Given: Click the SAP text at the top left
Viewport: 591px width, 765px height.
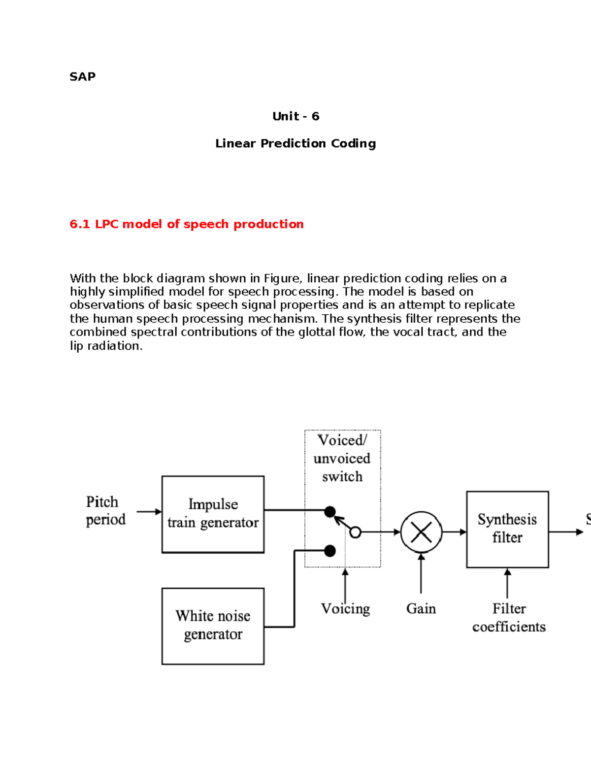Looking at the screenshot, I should coord(82,76).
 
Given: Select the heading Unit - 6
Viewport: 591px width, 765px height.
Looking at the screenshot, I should coord(295,116).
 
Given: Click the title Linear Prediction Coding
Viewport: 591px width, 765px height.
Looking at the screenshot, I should coord(295,143).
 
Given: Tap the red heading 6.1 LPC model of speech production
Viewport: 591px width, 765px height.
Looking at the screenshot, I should coord(187,224).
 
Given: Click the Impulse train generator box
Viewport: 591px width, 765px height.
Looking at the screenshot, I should coord(213,514).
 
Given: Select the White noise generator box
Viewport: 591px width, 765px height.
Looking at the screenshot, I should coord(213,626).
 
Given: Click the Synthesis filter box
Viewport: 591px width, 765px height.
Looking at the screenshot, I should coord(507,529).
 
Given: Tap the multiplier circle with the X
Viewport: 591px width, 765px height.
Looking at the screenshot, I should coord(421,532).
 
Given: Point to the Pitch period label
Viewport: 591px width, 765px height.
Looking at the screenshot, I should coord(105,510).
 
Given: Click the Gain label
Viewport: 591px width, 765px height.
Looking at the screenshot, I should coord(421,609).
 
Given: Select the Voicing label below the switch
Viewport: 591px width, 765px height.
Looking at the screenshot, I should coord(345,609).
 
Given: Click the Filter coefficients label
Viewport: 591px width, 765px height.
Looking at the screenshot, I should coord(509,618).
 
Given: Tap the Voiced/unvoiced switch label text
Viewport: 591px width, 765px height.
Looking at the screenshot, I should coord(342,458).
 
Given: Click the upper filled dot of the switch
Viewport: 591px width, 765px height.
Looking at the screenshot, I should coord(330,512).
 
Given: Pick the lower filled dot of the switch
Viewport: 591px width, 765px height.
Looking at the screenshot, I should coord(330,551).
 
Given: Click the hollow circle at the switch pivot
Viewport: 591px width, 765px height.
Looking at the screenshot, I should coord(355,532).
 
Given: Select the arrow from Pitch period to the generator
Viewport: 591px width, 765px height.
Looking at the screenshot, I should coord(149,512).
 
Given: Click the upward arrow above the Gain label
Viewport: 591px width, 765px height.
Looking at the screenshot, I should coord(421,574).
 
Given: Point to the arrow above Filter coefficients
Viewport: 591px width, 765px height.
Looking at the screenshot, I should coord(507,584).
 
